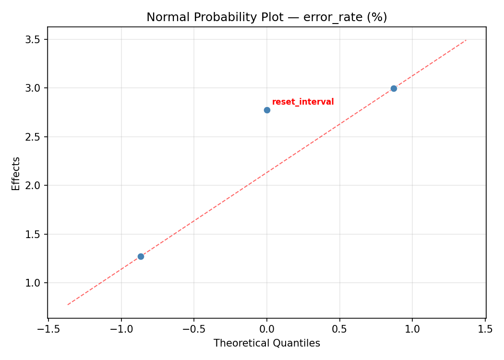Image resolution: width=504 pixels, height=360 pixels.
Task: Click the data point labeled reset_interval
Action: pyautogui.click(x=267, y=110)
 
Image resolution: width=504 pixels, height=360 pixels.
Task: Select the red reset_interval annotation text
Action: pyautogui.click(x=303, y=102)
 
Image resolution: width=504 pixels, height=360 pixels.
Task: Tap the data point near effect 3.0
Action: pyautogui.click(x=394, y=88)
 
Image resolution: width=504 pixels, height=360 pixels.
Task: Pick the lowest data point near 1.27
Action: pyautogui.click(x=141, y=256)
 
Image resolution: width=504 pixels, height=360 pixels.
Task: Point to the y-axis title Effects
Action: pyautogui.click(x=16, y=173)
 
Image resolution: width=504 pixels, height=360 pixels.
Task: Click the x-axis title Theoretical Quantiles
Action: pyautogui.click(x=266, y=343)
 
